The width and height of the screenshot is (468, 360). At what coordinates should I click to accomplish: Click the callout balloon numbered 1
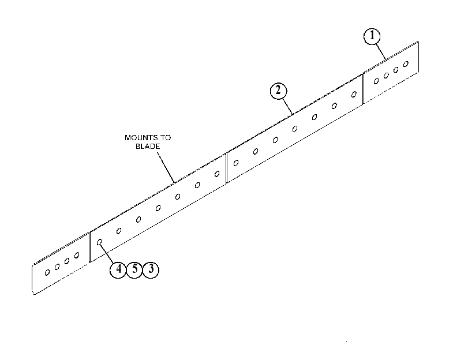click(372, 36)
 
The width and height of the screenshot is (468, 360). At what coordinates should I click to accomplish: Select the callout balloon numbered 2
click(278, 91)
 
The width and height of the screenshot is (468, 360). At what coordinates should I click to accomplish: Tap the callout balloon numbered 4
click(118, 269)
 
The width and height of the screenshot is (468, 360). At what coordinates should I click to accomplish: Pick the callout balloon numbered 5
click(134, 269)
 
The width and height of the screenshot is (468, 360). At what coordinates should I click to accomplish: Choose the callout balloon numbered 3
click(151, 269)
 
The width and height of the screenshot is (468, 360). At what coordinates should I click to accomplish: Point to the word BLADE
click(148, 147)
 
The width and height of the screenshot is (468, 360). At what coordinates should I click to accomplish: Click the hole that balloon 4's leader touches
click(99, 242)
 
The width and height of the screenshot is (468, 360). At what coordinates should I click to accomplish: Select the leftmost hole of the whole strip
click(47, 272)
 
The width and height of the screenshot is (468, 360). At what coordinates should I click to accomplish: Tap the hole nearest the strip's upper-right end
click(406, 64)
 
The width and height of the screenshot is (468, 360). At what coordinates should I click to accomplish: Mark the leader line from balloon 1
click(381, 51)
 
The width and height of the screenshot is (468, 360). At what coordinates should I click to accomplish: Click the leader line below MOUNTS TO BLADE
click(166, 167)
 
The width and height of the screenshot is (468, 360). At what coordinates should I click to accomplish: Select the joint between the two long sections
click(227, 168)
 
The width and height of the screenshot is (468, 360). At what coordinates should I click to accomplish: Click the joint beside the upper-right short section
click(363, 89)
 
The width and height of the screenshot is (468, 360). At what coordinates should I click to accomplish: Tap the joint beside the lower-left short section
click(89, 247)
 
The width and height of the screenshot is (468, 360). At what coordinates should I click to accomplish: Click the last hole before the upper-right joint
click(354, 95)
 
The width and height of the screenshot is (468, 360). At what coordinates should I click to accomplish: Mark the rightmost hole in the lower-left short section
click(77, 255)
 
